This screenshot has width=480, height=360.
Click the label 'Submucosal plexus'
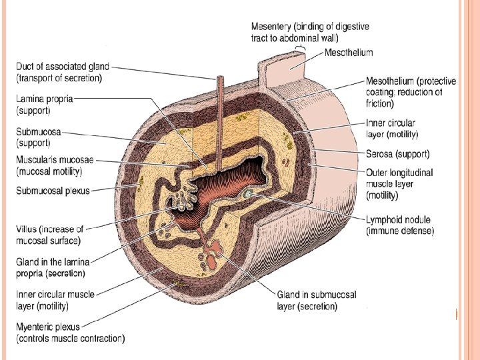(53, 191)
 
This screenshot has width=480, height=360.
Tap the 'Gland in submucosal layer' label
(317, 301)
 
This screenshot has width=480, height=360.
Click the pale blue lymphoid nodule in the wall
(248, 193)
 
